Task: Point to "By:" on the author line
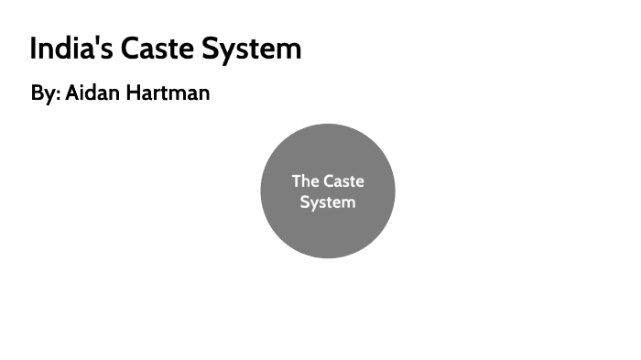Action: [x=45, y=93]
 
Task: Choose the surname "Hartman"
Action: [x=171, y=93]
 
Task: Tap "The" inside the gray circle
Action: [x=305, y=180]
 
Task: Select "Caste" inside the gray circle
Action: [x=343, y=180]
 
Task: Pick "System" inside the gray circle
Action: [x=327, y=202]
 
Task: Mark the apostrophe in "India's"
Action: [x=97, y=41]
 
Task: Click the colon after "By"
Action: [x=59, y=95]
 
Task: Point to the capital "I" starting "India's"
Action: [x=34, y=49]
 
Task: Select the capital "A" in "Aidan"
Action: [x=72, y=93]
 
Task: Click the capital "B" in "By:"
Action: [x=37, y=93]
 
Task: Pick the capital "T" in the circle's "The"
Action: [x=297, y=180]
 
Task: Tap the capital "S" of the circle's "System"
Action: [x=305, y=202]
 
